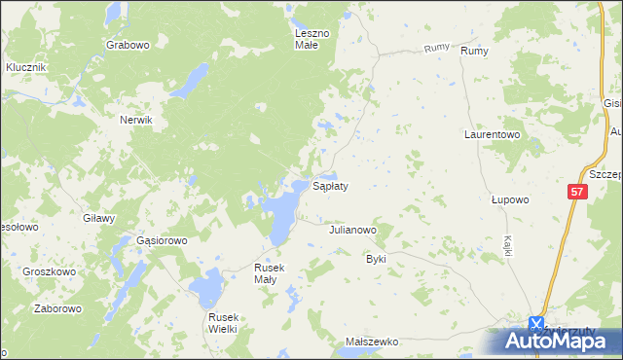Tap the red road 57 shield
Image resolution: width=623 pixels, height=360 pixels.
577,193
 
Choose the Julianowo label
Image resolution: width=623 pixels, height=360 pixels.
352,231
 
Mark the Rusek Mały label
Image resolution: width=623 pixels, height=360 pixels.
268,272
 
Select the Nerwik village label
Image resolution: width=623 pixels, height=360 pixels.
136,120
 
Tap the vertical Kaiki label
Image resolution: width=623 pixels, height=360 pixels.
508,245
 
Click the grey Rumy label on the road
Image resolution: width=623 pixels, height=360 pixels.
436,48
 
